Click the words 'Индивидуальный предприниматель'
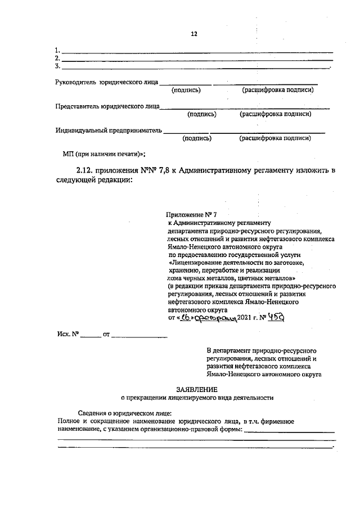[109, 130]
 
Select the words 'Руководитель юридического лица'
[106, 82]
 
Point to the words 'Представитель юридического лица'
[107, 106]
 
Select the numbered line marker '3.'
[57, 66]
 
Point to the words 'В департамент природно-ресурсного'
[260, 350]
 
